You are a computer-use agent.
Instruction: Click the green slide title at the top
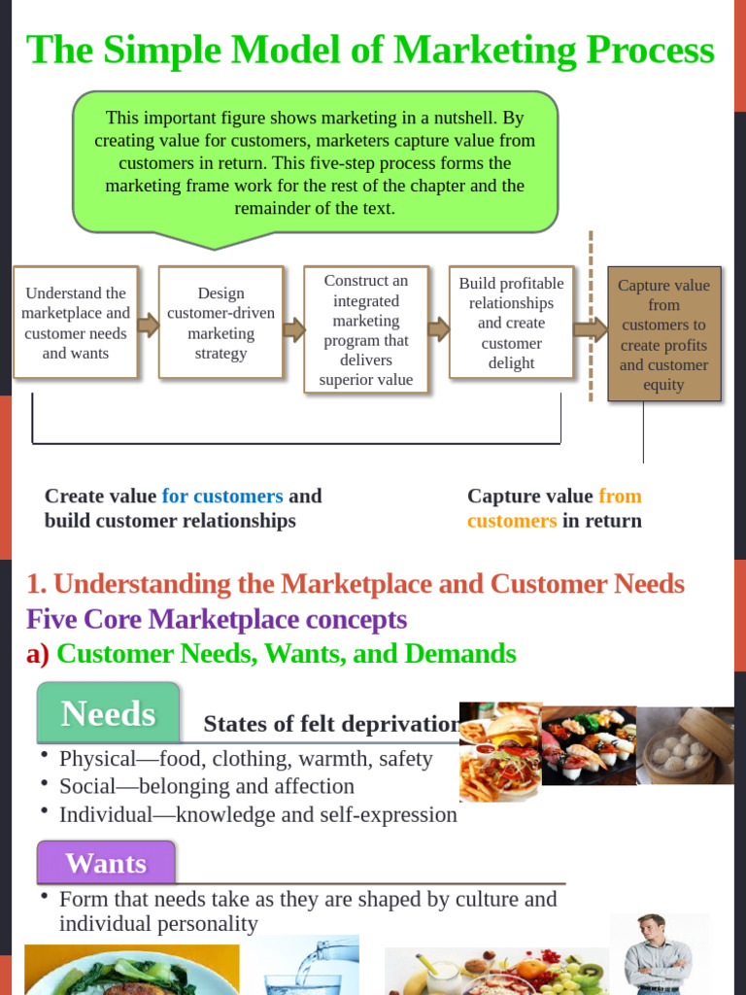pos(370,51)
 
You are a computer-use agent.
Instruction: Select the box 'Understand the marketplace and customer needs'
pos(76,323)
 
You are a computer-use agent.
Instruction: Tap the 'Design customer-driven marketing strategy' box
pos(220,323)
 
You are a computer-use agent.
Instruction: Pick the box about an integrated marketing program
pos(366,330)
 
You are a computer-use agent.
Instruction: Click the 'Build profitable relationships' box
pos(511,323)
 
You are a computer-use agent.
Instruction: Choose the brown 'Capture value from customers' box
pos(664,334)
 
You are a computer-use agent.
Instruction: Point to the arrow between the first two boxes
pos(148,325)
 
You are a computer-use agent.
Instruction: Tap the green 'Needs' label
pos(108,714)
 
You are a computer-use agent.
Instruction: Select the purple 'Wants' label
pos(106,863)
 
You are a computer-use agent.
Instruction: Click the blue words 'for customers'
pos(222,497)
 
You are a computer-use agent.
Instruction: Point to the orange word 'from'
pos(620,497)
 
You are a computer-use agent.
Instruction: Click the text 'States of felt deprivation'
pos(330,725)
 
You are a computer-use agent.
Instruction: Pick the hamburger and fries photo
pos(499,750)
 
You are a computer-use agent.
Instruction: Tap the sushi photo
pos(589,745)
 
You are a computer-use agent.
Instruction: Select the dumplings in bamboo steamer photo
pos(686,745)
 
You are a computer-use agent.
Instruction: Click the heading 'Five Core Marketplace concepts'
pos(217,619)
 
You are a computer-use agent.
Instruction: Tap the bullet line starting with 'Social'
pos(206,786)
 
